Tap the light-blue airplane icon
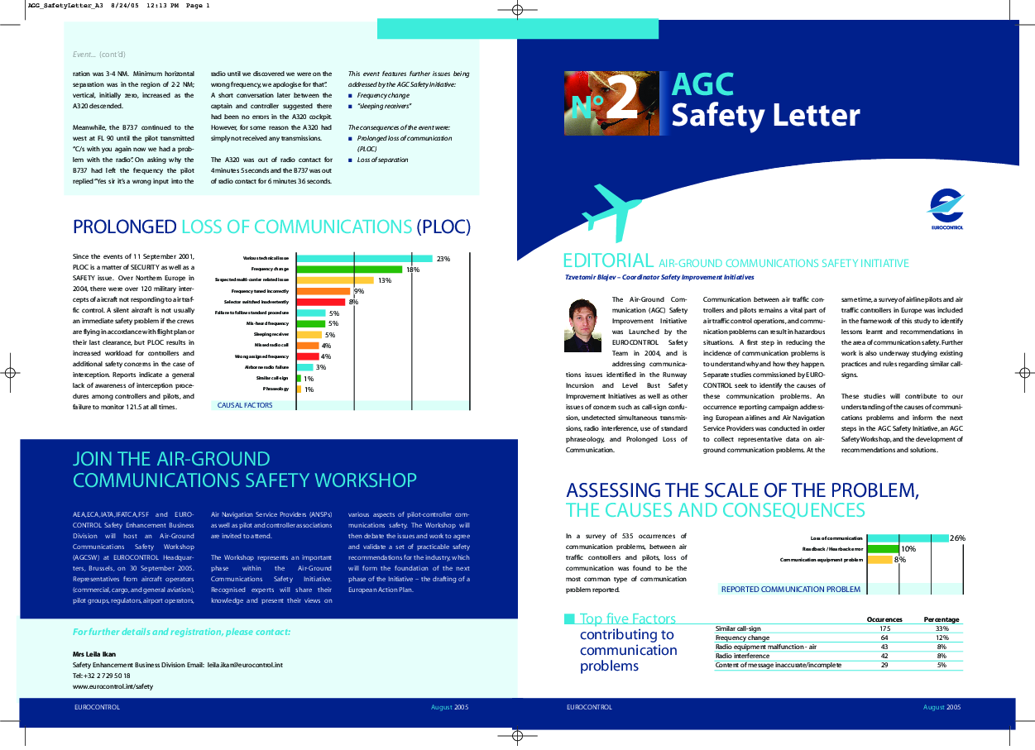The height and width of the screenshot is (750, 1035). [611, 211]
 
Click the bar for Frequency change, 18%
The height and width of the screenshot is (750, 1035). [348, 270]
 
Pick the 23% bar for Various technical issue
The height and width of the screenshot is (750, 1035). [364, 259]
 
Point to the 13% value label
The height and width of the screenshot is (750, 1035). [385, 280]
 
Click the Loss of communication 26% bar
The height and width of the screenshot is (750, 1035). [907, 538]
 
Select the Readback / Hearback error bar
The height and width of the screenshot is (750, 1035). [882, 549]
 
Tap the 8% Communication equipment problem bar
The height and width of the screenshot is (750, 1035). [879, 560]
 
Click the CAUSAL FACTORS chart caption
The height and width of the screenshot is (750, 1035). [245, 405]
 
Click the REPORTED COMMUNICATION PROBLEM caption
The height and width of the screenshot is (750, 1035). [790, 590]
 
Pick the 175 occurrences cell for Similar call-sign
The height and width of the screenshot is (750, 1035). [884, 628]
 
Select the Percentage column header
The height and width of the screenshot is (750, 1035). [941, 619]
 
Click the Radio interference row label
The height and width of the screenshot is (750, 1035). [744, 656]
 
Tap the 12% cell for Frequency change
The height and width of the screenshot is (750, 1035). [942, 638]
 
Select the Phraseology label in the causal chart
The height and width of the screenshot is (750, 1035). [276, 389]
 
